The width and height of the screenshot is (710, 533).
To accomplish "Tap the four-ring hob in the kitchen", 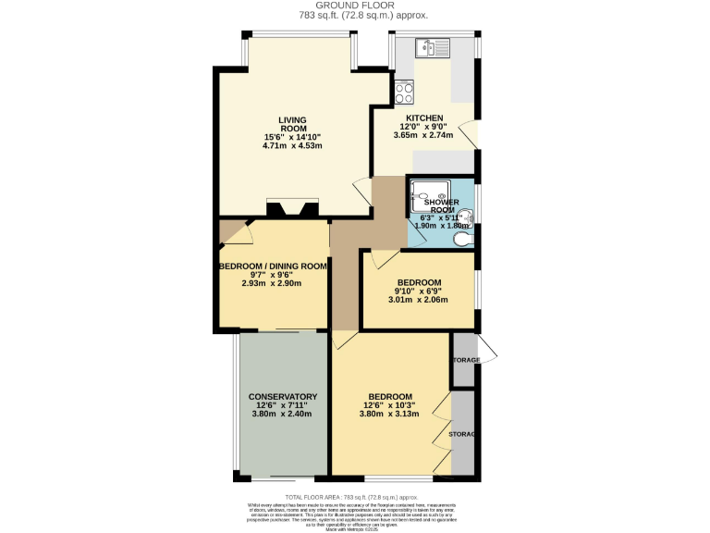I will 404,92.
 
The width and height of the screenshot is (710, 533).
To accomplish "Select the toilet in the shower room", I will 463,239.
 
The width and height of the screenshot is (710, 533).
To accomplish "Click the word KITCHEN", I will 422,118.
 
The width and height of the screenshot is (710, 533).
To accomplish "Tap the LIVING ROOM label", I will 292,124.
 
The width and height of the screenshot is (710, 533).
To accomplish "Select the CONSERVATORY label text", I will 283,397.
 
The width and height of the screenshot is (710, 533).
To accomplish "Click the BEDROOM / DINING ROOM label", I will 273,266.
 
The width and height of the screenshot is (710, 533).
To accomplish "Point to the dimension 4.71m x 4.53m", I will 292,145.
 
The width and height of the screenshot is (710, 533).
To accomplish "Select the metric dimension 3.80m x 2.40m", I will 283,414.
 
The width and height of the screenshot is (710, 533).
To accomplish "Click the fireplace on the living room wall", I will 284,208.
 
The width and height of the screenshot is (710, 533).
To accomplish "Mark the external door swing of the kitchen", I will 471,134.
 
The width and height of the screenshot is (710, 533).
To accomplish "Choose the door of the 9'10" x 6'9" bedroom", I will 380,260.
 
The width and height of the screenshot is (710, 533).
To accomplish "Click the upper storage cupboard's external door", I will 486,351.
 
